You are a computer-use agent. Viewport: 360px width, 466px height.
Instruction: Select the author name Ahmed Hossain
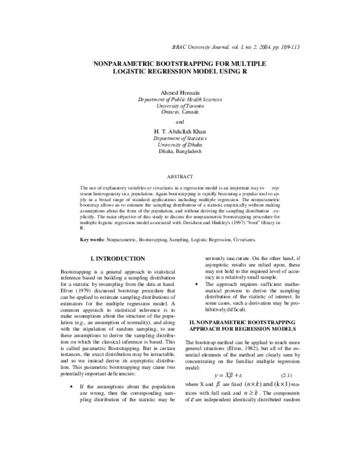coord(180,92)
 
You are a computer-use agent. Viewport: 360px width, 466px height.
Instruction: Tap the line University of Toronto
coord(180,106)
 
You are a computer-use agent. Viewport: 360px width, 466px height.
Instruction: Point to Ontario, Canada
coord(180,112)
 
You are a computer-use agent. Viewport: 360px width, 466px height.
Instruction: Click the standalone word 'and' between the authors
coord(180,122)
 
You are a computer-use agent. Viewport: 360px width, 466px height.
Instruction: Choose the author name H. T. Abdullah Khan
coord(180,132)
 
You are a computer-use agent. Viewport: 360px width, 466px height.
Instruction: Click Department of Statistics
coord(180,139)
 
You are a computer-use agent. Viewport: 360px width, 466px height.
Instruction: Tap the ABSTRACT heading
coord(180,177)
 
